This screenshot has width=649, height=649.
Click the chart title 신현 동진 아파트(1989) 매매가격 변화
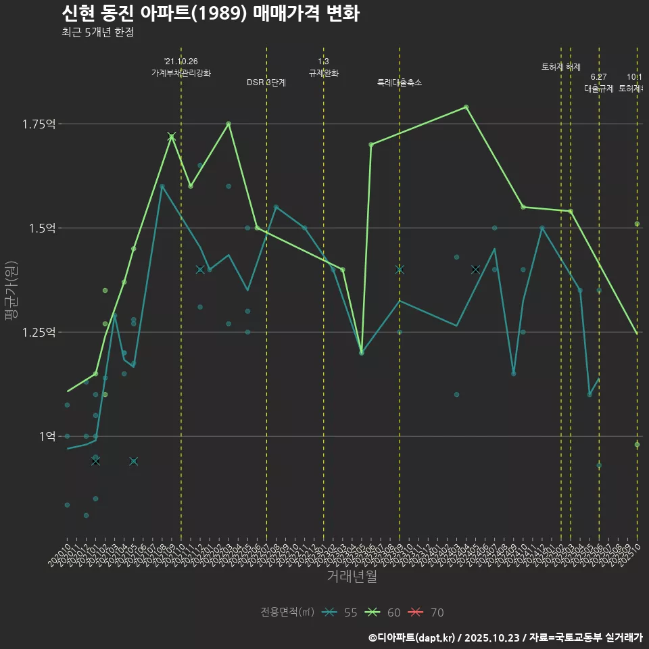coord(210,13)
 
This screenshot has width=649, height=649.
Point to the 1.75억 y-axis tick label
coord(40,124)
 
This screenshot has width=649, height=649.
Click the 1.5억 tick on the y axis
coord(43,228)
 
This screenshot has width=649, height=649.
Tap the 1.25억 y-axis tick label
coord(40,332)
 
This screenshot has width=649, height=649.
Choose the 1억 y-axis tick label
coord(47,436)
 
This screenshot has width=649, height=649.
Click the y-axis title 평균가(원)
coord(11,290)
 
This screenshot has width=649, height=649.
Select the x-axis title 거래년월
coord(352,576)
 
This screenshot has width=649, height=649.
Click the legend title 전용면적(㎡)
coord(287,612)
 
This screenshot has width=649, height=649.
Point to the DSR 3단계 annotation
coord(266,82)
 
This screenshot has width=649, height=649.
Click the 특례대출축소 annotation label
coord(400,82)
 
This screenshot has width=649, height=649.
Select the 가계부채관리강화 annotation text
coord(181,72)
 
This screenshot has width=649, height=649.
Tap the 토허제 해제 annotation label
coord(561,67)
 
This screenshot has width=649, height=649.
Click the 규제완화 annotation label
coord(323,72)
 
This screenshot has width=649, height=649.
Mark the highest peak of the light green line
coord(466,107)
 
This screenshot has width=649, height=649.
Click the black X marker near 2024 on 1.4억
coord(475,269)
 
